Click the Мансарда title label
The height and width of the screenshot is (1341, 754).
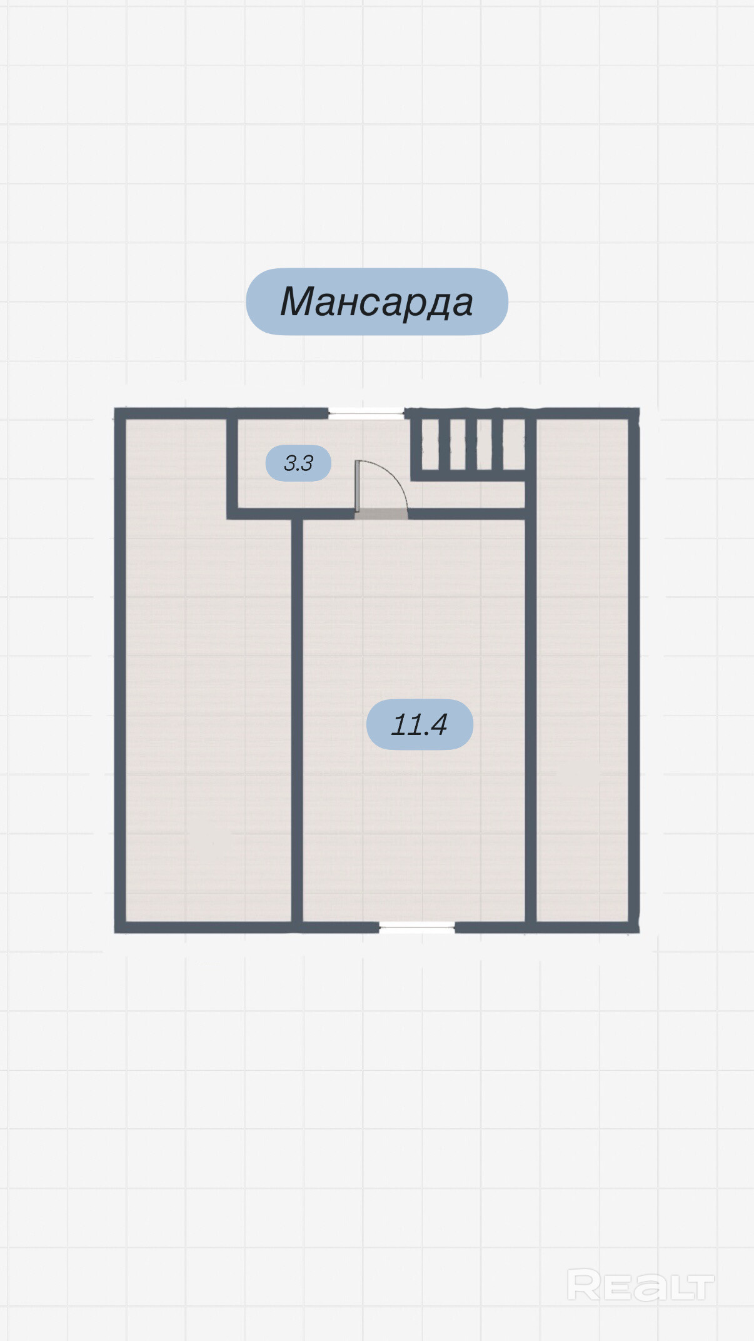pos(376,301)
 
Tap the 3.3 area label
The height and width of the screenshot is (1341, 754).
pos(298,463)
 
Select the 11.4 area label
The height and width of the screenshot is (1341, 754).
pos(420,724)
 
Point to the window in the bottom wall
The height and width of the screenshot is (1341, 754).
pos(417,928)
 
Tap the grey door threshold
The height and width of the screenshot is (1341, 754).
pos(381,514)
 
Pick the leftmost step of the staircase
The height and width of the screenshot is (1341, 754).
pos(430,444)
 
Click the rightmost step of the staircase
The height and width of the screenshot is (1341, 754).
pos(514,444)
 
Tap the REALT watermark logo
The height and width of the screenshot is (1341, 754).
pos(640,1286)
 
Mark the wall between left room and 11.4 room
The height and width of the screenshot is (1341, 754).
pos(298,719)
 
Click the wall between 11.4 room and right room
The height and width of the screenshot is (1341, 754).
pos(531,719)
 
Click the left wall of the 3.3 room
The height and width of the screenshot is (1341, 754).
pos(232,463)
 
